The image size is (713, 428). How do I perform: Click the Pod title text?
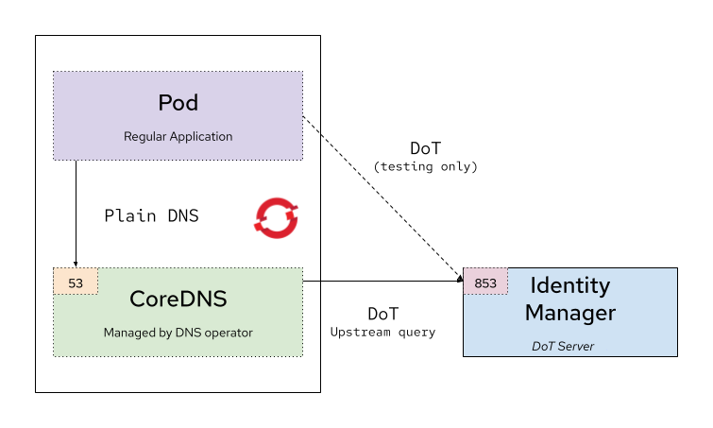coord(178,102)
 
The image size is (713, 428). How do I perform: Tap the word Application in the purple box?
coord(201,137)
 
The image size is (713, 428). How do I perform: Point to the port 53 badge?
coord(76,282)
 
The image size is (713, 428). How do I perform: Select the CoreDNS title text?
coord(178,299)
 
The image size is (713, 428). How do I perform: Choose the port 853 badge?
coord(485,282)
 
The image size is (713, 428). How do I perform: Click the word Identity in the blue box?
coord(569,285)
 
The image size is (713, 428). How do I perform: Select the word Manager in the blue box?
coord(569,313)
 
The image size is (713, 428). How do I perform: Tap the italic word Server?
coord(578,346)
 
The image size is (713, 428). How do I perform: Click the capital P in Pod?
coord(164,102)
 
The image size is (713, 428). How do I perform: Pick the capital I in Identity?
coord(533,284)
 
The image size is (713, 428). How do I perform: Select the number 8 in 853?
coord(478,282)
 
